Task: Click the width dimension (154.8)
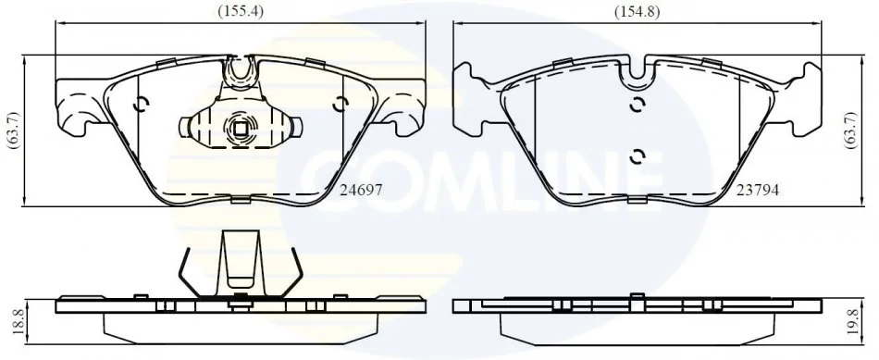click(x=637, y=11)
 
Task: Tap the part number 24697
click(x=362, y=191)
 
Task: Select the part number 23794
click(x=758, y=191)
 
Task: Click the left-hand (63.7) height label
click(x=14, y=130)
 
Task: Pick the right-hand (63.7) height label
click(x=851, y=130)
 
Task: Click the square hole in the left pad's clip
click(x=241, y=129)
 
